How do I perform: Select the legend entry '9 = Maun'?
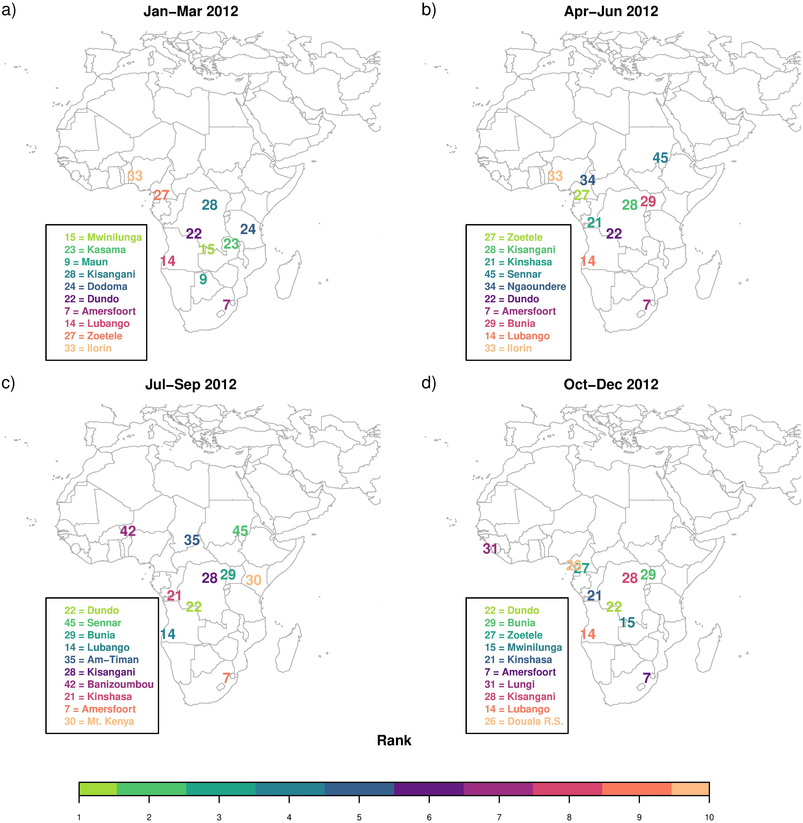86,262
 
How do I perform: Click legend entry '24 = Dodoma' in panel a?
96,287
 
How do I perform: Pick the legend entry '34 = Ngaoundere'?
525,287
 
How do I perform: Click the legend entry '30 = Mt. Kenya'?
99,721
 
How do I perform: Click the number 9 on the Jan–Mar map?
203,279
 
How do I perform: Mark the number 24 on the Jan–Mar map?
248,229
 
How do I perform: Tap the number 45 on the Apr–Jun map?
660,158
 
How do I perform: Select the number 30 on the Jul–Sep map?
254,580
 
